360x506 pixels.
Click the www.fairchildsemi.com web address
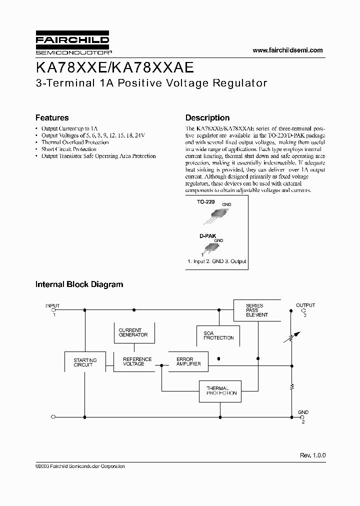click(x=287, y=50)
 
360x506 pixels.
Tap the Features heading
click(x=52, y=118)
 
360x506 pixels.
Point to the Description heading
click(x=207, y=118)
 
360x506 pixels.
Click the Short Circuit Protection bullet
click(x=68, y=149)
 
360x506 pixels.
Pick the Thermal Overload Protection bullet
click(x=74, y=142)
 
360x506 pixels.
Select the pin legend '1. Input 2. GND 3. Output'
click(x=216, y=261)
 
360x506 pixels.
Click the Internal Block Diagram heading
click(x=79, y=284)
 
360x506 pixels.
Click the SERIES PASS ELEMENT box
click(x=257, y=310)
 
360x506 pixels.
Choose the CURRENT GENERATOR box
click(x=133, y=333)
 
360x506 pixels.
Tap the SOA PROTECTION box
click(x=218, y=335)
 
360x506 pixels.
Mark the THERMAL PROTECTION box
click(x=221, y=390)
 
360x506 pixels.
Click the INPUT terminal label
click(x=52, y=305)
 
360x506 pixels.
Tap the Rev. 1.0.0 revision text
click(x=312, y=455)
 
